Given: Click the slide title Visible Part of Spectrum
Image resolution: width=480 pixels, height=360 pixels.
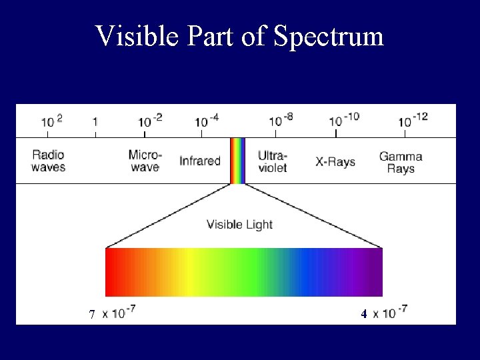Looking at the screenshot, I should pyautogui.click(x=240, y=36).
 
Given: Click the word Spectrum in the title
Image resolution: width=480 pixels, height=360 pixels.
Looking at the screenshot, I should pyautogui.click(x=328, y=37).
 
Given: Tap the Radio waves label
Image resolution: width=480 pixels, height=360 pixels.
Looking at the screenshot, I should pyautogui.click(x=49, y=161).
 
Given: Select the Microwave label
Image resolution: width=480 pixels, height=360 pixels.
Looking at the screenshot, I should pyautogui.click(x=145, y=161).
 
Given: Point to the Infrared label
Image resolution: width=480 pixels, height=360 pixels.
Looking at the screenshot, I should pyautogui.click(x=200, y=161).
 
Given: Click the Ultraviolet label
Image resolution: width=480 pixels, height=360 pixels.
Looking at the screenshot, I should pyautogui.click(x=273, y=161).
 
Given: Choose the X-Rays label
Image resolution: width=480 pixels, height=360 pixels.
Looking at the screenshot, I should pyautogui.click(x=335, y=162).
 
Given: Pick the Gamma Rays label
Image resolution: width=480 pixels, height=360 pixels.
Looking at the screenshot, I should pyautogui.click(x=401, y=162).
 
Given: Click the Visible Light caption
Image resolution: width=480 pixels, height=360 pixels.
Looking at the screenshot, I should pyautogui.click(x=240, y=225).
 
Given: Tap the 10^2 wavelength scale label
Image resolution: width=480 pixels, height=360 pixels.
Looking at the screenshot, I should pyautogui.click(x=52, y=121).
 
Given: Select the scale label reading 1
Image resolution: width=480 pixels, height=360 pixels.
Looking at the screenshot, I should pyautogui.click(x=95, y=122).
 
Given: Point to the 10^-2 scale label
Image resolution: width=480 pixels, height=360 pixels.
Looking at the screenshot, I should pyautogui.click(x=150, y=120).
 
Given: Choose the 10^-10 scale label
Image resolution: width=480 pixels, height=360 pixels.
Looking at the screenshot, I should pyautogui.click(x=344, y=119).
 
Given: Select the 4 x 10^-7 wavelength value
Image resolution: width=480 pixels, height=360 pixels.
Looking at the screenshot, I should pyautogui.click(x=384, y=312).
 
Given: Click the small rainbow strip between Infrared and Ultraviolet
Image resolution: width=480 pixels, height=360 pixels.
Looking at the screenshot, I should pyautogui.click(x=238, y=161).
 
